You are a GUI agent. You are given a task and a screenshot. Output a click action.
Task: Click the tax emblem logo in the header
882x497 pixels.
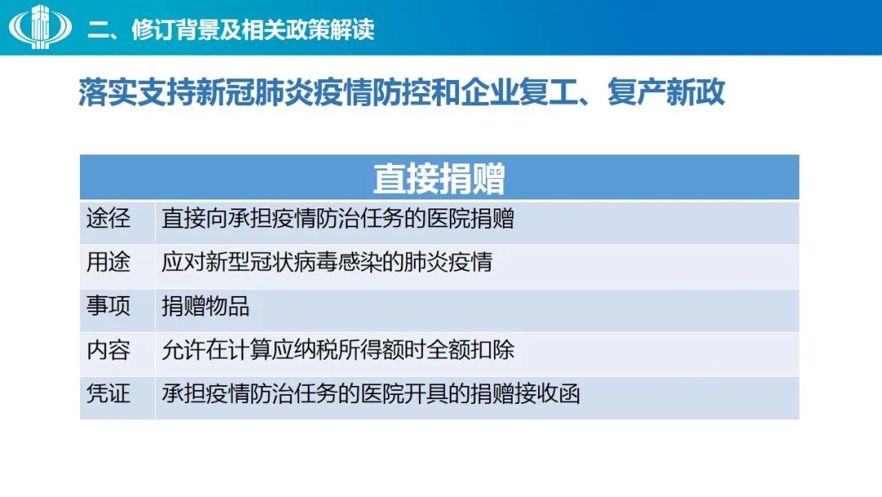[x=40, y=26]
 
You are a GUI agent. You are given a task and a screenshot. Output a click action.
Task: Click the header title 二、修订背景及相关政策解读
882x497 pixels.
[x=230, y=29]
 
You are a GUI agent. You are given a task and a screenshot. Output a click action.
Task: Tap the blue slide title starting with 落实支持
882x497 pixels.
[x=402, y=92]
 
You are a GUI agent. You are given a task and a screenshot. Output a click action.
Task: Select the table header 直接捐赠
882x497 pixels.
[x=439, y=178]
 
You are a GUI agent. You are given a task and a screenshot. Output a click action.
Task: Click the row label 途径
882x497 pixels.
[x=108, y=217]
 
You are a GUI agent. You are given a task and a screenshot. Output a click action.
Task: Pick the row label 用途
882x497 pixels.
[x=108, y=262]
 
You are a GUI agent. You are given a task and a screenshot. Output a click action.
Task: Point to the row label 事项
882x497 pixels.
[x=108, y=306]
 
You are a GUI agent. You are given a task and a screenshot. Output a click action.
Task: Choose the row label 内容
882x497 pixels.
[x=108, y=350]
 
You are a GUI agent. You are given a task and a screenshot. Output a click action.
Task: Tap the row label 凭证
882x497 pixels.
[x=108, y=393]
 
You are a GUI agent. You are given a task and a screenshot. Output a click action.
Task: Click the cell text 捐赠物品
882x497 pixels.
[x=205, y=307]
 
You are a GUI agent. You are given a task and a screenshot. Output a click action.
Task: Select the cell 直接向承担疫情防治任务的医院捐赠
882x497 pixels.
[x=337, y=218]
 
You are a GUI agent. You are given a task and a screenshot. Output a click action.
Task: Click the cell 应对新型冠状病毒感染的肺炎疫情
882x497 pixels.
[x=327, y=262]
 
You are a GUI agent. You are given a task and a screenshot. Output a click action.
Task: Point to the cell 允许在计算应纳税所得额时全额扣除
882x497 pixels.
[x=337, y=350]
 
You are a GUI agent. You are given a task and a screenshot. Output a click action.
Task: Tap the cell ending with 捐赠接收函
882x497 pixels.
[x=371, y=394]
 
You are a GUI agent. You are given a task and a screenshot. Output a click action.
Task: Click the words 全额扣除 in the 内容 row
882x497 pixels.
[x=470, y=350]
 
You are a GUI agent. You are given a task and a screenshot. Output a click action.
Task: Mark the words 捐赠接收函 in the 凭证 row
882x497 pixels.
[x=525, y=394]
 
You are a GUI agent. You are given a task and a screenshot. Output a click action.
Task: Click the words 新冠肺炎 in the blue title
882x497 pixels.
[x=254, y=92]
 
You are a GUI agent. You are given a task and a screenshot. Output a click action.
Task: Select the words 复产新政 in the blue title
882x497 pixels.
[x=666, y=92]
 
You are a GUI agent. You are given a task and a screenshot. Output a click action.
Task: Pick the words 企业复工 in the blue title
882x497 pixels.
[x=519, y=92]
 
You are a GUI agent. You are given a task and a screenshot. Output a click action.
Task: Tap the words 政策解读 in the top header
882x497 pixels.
[x=330, y=29]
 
